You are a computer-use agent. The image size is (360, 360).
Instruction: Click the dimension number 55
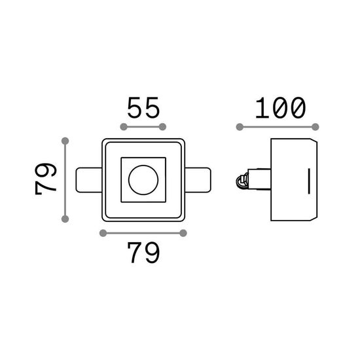(143, 107)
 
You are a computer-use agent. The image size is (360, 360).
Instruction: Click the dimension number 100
(281, 108)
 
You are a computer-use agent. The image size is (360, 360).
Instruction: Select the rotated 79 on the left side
(45, 179)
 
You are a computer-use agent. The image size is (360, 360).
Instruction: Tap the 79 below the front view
(143, 253)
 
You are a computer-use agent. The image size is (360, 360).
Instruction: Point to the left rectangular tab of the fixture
(89, 180)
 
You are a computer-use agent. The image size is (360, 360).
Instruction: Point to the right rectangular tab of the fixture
(198, 180)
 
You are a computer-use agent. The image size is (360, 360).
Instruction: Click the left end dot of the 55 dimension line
(124, 127)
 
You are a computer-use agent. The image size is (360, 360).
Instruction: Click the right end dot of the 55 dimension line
(162, 127)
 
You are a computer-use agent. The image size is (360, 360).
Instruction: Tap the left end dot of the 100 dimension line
(240, 127)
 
